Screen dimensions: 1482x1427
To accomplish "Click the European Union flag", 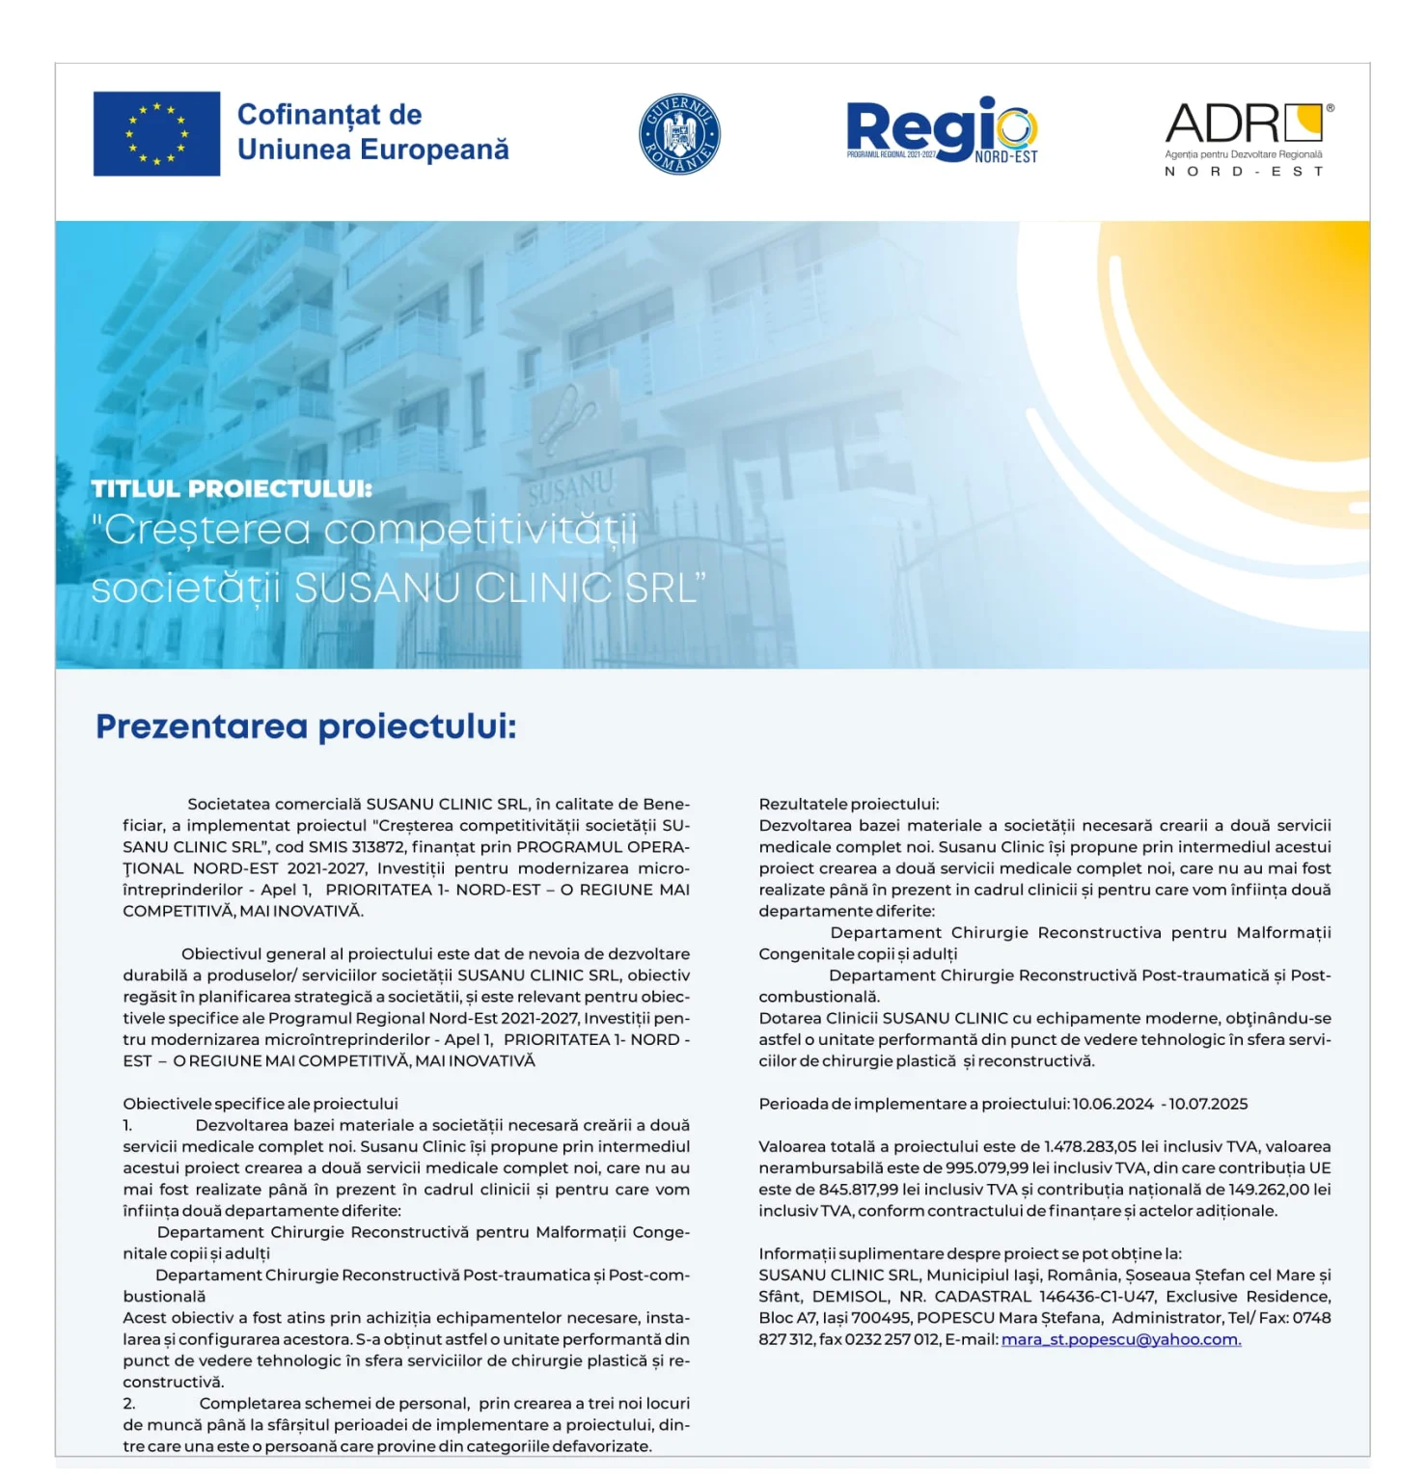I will [x=156, y=134].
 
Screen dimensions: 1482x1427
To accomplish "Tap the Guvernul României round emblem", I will [x=679, y=134].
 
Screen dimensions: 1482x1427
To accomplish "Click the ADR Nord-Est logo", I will [x=1248, y=137].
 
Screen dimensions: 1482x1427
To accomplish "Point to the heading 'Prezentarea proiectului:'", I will [x=306, y=727].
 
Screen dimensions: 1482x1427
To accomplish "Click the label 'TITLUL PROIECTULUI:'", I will [x=232, y=489].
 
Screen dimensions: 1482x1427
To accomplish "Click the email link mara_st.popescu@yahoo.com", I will [x=1121, y=1339].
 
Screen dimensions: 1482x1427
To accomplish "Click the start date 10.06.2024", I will [x=1112, y=1104].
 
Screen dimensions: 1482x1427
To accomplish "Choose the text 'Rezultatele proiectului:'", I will [x=848, y=804].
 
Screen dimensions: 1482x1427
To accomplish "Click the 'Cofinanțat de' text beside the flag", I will [x=329, y=115].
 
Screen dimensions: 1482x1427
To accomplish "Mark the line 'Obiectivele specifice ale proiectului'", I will [x=261, y=1104].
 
